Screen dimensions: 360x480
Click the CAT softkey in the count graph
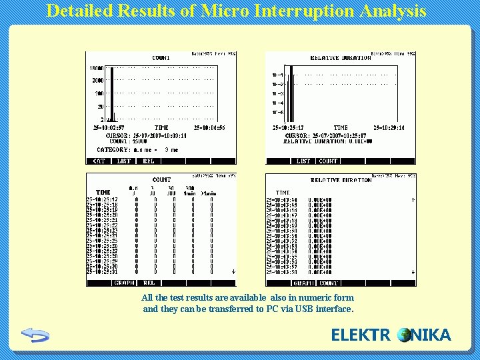(99, 161)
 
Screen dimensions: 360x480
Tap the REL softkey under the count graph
(148, 161)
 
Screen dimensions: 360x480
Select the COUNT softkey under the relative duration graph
(328, 161)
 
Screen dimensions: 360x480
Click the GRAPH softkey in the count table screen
(124, 283)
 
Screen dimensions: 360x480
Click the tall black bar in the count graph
(112, 93)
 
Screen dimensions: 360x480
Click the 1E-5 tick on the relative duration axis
(277, 113)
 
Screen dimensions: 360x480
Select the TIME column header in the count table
(103, 192)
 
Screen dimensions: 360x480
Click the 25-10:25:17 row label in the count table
(101, 199)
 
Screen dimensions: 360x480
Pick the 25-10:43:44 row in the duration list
(283, 199)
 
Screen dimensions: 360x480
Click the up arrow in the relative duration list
(413, 199)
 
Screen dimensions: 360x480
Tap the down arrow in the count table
(233, 272)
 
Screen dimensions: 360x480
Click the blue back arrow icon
(35, 335)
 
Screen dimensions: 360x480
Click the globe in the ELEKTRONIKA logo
(404, 335)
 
